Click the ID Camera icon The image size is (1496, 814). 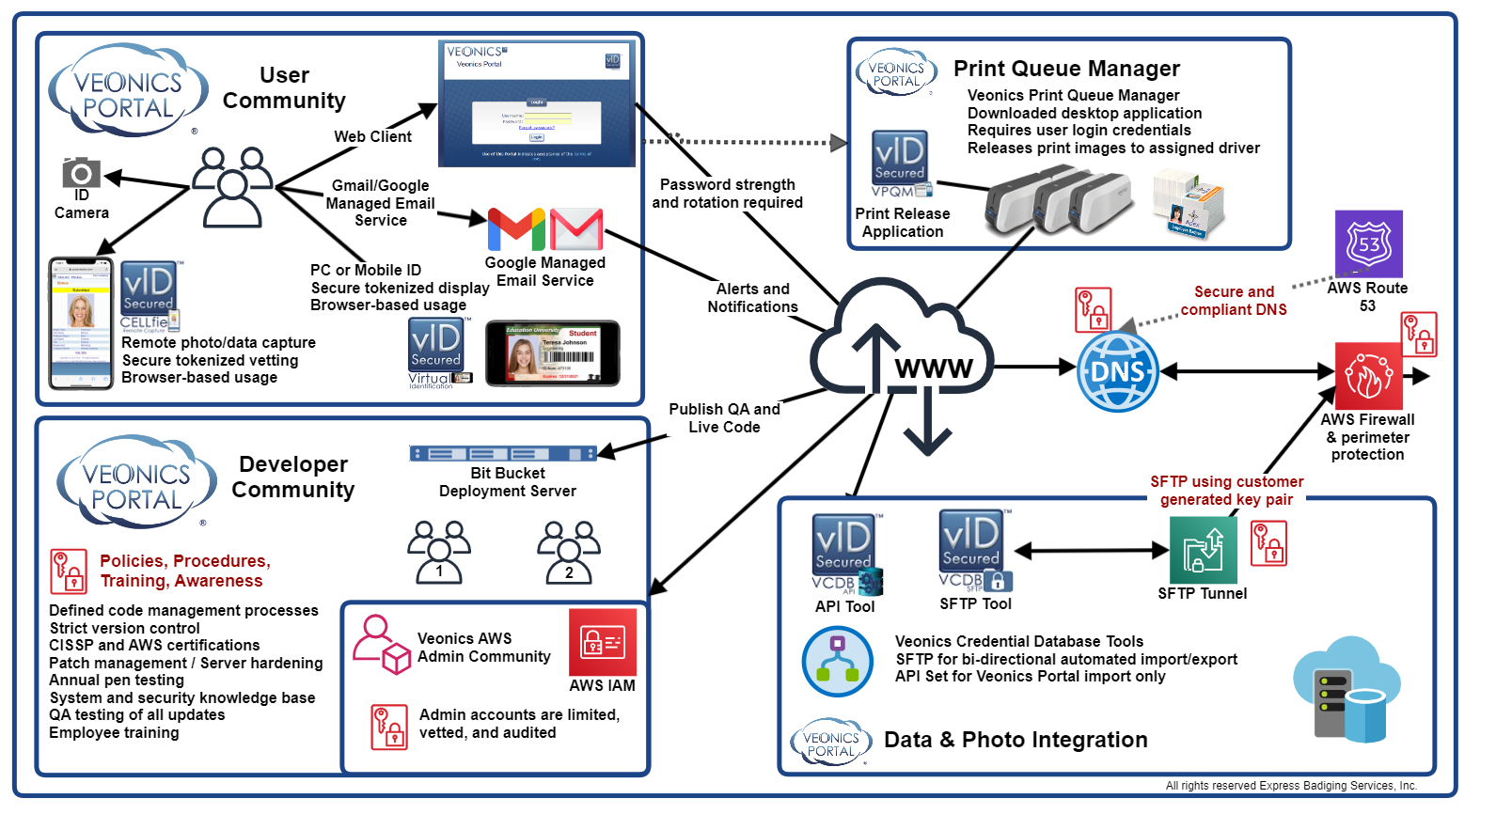(81, 173)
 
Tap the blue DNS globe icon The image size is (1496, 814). (1117, 372)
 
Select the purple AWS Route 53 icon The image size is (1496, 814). (1368, 243)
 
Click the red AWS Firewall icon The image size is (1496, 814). (1367, 376)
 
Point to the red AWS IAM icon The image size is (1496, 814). (603, 642)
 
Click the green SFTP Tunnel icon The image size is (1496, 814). (1203, 550)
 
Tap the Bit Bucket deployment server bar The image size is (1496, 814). (503, 454)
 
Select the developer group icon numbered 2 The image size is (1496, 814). (569, 552)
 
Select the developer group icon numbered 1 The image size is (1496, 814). (439, 552)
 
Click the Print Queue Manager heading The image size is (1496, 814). (1066, 69)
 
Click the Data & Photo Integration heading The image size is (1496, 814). (1016, 740)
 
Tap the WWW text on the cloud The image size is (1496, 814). (934, 368)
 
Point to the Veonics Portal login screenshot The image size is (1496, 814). (536, 103)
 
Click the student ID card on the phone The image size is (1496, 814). (552, 353)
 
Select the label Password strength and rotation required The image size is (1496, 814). (727, 194)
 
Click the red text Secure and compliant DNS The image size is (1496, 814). (1234, 301)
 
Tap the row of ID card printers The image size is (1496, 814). (1057, 200)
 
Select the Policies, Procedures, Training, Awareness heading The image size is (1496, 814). (185, 571)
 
